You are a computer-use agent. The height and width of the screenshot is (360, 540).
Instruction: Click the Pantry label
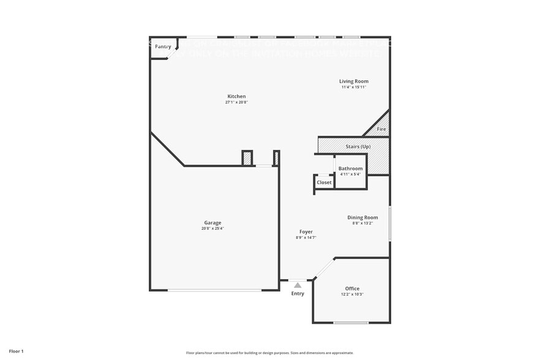point(163,47)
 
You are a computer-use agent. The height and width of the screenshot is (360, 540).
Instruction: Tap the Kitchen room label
point(236,97)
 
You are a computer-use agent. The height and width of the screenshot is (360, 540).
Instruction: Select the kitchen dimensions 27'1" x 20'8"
point(236,103)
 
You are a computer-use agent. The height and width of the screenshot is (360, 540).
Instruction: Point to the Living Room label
point(354,81)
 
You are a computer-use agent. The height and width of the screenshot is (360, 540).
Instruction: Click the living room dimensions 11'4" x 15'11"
point(354,88)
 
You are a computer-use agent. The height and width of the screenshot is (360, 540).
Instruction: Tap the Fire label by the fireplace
point(381,129)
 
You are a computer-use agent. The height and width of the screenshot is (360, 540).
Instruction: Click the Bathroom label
point(350,168)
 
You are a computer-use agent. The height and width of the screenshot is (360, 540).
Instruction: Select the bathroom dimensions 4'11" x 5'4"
point(350,174)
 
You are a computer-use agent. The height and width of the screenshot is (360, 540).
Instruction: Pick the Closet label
point(324,182)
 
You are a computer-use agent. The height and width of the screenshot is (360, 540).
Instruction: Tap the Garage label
point(212,223)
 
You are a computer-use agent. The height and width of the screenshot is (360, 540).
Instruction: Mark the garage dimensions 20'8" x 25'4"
point(212,229)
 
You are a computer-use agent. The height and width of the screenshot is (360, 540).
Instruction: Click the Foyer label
point(306,232)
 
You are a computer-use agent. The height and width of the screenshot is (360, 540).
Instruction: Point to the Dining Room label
point(362,217)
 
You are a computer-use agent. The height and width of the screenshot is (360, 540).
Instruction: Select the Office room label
point(352,288)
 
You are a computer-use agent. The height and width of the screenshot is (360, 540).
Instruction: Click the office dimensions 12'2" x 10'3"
point(352,294)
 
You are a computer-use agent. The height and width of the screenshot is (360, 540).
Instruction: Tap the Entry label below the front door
point(298,294)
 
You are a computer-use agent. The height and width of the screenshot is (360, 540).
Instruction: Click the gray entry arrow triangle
point(298,285)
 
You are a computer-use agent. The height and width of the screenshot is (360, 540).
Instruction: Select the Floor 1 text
point(16,351)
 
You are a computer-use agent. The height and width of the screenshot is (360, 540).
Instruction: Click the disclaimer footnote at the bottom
point(269,353)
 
